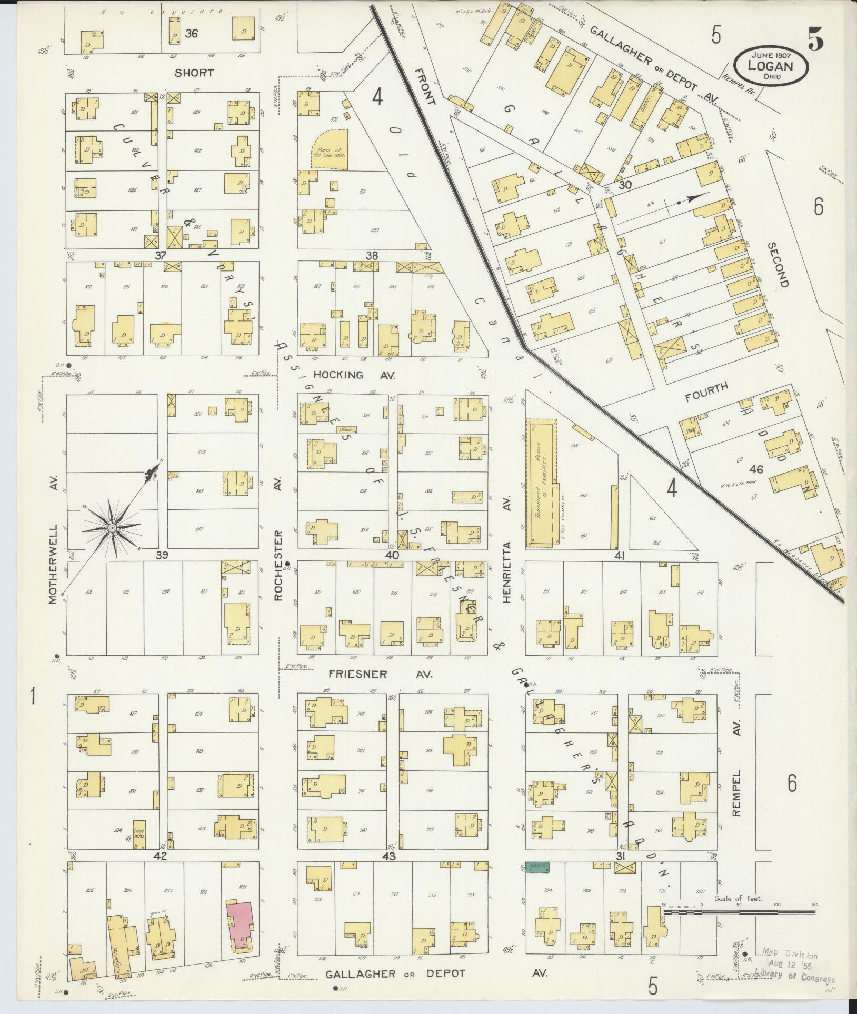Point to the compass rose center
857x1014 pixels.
coord(112,527)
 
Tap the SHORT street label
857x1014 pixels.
coord(194,73)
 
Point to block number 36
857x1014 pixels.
coord(192,33)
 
